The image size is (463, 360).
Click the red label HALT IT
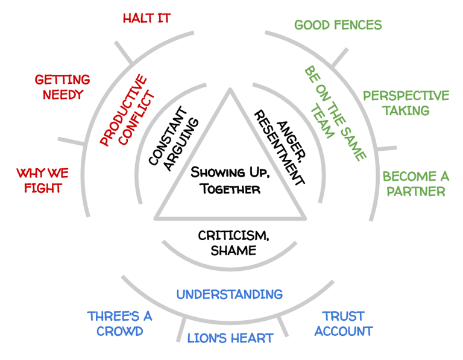coord(146,18)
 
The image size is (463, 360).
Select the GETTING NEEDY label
coord(62,87)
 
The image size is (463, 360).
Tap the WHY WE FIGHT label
coord(42,180)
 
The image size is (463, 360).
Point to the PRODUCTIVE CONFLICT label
coord(127,110)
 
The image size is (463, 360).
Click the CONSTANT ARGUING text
coord(172,139)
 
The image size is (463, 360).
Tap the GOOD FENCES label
coord(338,25)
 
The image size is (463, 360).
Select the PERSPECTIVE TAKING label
coord(406,103)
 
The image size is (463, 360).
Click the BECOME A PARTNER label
coord(416,184)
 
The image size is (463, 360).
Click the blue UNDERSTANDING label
coord(229,294)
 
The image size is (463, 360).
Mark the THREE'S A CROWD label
coord(119,324)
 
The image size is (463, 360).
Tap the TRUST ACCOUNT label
coord(343,324)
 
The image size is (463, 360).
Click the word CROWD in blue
coord(119,331)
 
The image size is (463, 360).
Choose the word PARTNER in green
coord(416,192)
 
